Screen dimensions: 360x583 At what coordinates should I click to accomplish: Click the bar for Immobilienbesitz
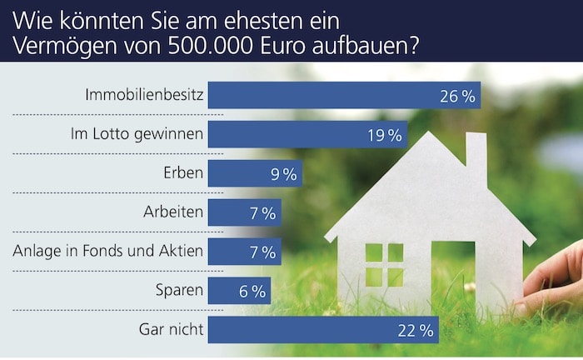[344, 95]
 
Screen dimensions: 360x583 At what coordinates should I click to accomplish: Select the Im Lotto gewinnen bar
[307, 134]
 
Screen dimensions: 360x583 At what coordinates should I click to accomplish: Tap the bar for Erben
[255, 173]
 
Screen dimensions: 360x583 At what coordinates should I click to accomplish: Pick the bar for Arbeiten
[244, 212]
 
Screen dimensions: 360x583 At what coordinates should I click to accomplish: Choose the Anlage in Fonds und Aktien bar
[244, 252]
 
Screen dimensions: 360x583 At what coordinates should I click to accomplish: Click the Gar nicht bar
[323, 330]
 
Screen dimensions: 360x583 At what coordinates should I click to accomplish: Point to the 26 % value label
[457, 96]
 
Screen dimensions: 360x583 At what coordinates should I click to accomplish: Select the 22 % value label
[416, 331]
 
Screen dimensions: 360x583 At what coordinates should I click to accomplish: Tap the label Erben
[183, 173]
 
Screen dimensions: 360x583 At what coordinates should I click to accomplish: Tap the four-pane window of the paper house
[384, 265]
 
